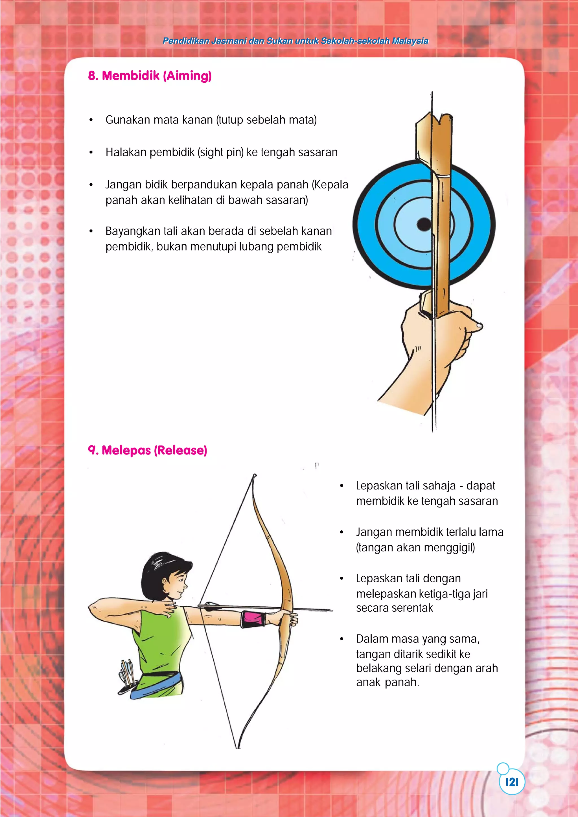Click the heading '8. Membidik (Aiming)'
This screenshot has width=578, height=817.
tap(150, 76)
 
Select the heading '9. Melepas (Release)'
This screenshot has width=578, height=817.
tap(147, 450)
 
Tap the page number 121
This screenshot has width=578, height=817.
tap(512, 782)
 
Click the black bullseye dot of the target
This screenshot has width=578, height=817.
tap(424, 224)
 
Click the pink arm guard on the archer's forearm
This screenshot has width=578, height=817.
tap(253, 620)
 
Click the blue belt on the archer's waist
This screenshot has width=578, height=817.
tap(157, 685)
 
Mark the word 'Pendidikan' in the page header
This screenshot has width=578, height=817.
tap(185, 41)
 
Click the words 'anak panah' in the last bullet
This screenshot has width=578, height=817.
tap(387, 682)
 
